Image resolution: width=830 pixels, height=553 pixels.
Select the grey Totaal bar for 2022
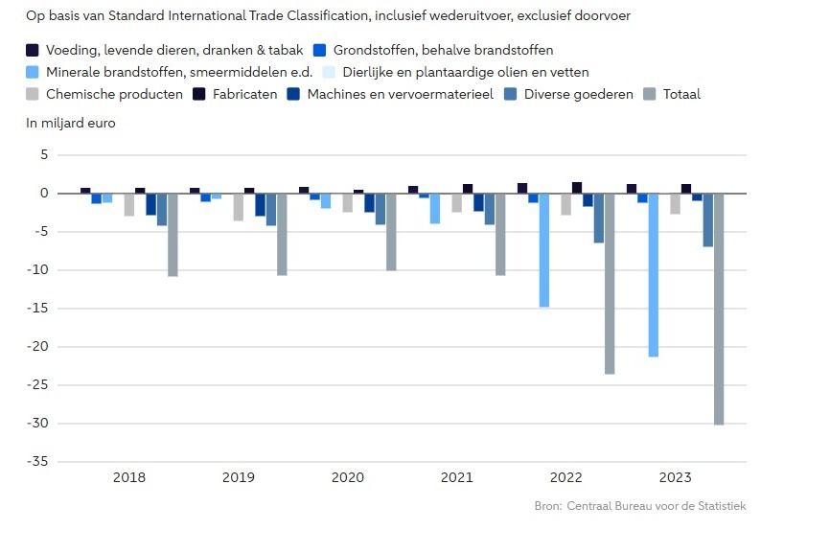pyautogui.click(x=610, y=283)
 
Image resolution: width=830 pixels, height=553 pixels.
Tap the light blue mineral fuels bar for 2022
pyautogui.click(x=544, y=249)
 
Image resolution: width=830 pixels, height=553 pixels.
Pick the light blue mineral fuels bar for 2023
pyautogui.click(x=654, y=274)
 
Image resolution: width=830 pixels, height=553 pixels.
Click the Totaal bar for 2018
pyautogui.click(x=173, y=234)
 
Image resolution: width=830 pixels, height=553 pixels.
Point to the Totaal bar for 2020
pyautogui.click(x=391, y=231)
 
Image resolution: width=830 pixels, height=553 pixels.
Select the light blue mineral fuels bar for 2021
pyautogui.click(x=435, y=208)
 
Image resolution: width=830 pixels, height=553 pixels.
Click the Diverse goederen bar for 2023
pyautogui.click(x=708, y=219)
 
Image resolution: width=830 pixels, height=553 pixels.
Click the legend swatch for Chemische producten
pyautogui.click(x=33, y=94)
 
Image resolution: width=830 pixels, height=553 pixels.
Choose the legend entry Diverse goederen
pyautogui.click(x=592, y=94)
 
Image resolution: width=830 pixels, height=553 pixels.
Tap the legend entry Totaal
pyautogui.click(x=680, y=94)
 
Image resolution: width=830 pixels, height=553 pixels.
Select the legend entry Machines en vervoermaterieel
pyautogui.click(x=400, y=94)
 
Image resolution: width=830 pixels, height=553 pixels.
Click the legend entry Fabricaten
pyautogui.click(x=244, y=94)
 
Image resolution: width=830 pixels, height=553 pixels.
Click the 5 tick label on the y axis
pyautogui.click(x=44, y=155)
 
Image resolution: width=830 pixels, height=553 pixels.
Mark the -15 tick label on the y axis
pyautogui.click(x=38, y=309)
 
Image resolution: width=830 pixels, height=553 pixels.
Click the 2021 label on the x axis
pyautogui.click(x=457, y=477)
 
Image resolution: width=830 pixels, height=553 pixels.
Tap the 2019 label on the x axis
pyautogui.click(x=239, y=477)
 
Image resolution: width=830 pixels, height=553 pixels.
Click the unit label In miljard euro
pyautogui.click(x=70, y=123)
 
